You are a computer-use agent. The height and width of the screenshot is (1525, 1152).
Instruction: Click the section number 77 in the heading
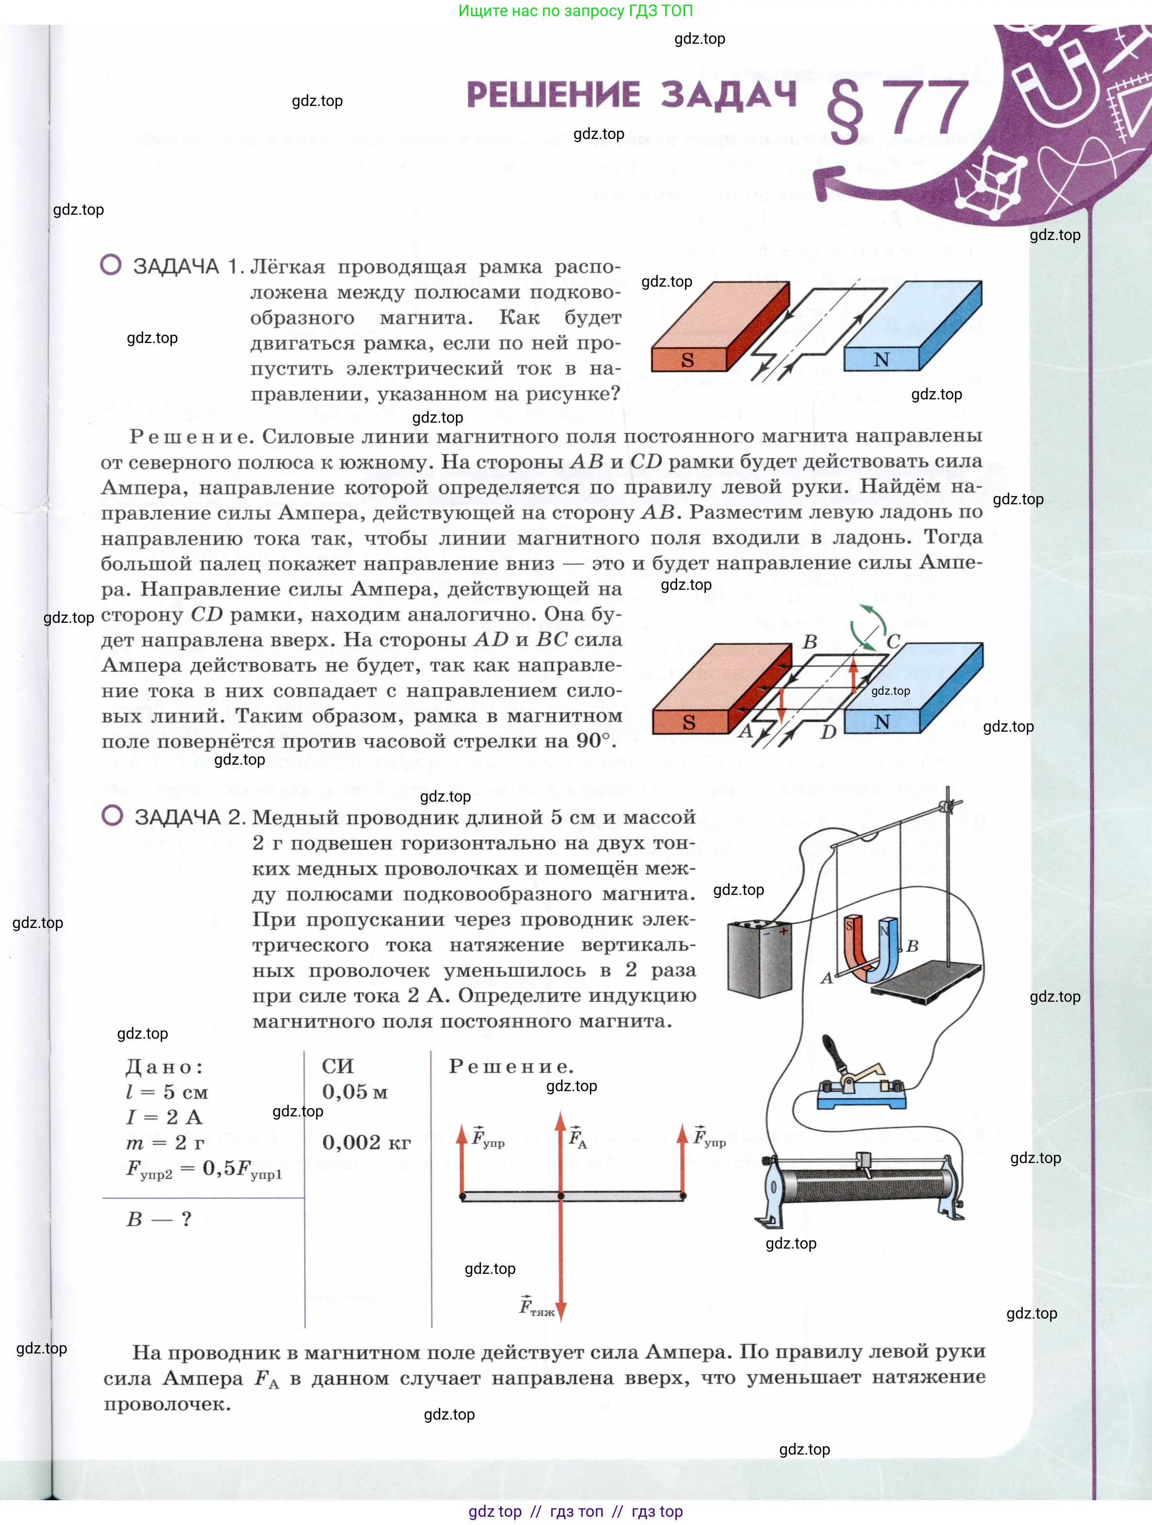tap(927, 107)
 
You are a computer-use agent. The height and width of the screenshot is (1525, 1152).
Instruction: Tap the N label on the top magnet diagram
tap(881, 359)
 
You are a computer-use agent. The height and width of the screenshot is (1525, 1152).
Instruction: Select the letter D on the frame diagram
tap(828, 732)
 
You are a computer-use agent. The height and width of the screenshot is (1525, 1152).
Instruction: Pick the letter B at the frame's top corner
tap(810, 641)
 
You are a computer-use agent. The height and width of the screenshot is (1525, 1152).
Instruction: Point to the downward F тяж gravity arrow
tap(561, 1262)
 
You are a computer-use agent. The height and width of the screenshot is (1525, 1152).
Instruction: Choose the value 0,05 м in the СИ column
tap(355, 1092)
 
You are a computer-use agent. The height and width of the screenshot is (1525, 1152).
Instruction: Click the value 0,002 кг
tap(366, 1143)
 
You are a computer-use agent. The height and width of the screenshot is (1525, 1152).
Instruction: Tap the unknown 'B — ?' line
tap(158, 1219)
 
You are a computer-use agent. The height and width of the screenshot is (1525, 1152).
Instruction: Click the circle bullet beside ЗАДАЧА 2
tap(112, 816)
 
